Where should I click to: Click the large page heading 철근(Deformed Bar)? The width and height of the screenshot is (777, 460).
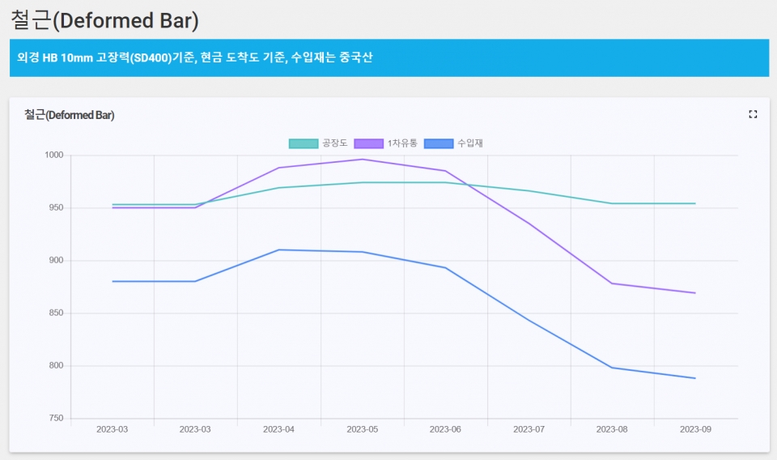[x=104, y=19]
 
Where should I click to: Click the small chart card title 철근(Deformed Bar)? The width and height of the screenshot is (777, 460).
[x=69, y=115]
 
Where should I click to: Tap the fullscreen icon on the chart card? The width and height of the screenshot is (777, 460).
[x=753, y=114]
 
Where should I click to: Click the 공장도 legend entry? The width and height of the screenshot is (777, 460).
[x=319, y=143]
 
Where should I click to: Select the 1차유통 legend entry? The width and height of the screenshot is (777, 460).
[x=387, y=143]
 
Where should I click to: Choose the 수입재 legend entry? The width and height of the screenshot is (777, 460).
[x=456, y=143]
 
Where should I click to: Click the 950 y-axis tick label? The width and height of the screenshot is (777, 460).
[x=55, y=208]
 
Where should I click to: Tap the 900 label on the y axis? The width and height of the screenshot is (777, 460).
[x=55, y=261]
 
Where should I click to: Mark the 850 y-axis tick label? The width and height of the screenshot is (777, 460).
[x=55, y=313]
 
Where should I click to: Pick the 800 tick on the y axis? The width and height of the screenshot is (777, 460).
[x=55, y=366]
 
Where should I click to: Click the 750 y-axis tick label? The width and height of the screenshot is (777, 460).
[x=55, y=419]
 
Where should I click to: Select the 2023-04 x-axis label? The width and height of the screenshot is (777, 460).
[x=278, y=429]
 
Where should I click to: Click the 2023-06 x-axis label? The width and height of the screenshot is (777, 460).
[x=445, y=429]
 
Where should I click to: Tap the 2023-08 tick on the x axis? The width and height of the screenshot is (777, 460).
[x=612, y=429]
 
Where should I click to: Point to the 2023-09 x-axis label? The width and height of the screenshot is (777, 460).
[x=695, y=429]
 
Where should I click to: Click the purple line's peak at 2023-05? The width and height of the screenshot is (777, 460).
[x=362, y=159]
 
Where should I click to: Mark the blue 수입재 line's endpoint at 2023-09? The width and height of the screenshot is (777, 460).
[x=695, y=378]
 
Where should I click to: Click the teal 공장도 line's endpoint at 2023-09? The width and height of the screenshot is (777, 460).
[x=695, y=203]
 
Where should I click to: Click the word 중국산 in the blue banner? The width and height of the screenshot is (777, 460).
[x=355, y=57]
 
